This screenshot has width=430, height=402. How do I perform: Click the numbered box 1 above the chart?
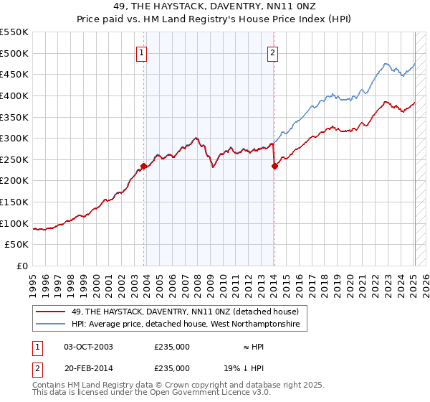pos(141,52)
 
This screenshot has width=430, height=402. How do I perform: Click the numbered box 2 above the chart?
pos(274,52)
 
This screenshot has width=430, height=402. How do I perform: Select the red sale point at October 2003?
pos(143,166)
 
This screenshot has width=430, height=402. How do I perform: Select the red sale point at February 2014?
pos(274,166)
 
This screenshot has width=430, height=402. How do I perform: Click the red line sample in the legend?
pos(51,312)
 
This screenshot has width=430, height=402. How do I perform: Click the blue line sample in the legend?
pos(51,324)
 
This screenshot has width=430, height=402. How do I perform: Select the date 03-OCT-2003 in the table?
pos(89,347)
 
